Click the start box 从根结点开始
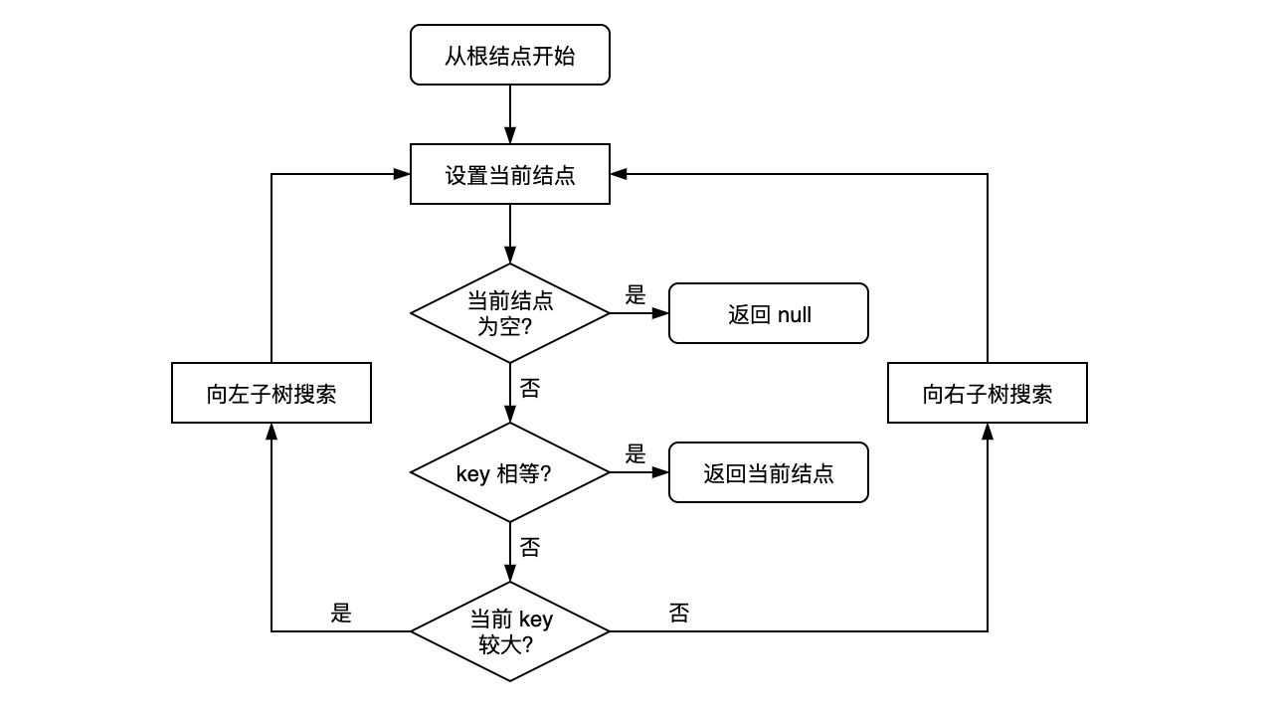(509, 55)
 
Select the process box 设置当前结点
(509, 174)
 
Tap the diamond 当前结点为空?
(509, 312)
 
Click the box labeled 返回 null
(768, 313)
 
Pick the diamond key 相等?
(509, 472)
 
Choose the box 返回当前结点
(768, 472)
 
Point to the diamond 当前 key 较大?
(509, 630)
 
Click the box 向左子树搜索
(271, 393)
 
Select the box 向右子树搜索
(987, 393)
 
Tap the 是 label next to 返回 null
(635, 295)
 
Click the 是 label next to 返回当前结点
(635, 454)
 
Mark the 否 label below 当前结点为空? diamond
(530, 389)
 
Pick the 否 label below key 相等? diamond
(530, 548)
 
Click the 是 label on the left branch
(341, 614)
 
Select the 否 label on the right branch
(679, 614)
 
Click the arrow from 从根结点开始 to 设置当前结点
(510, 114)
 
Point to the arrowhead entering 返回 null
(661, 313)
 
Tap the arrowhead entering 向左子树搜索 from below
(272, 431)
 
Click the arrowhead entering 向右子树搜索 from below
(988, 431)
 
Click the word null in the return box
(794, 315)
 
